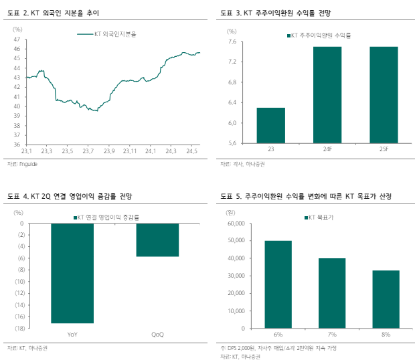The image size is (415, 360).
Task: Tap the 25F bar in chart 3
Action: click(384, 94)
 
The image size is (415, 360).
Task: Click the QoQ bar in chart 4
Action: click(157, 240)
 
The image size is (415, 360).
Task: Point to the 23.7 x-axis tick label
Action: click(88, 151)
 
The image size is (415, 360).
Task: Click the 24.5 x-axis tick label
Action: click(192, 151)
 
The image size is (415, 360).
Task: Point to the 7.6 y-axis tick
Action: click(232, 41)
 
